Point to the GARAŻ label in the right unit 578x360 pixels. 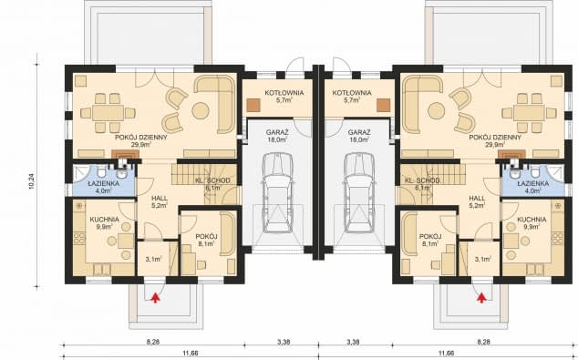[x=355, y=132]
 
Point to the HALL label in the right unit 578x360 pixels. [x=476, y=197]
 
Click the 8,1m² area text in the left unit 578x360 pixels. [x=208, y=244]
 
